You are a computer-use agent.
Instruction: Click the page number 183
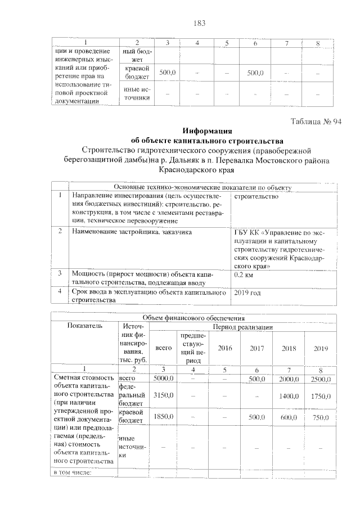(x=199, y=23)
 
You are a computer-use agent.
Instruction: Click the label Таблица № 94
(x=316, y=122)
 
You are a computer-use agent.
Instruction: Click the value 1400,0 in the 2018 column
(x=289, y=396)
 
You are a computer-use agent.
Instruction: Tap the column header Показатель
(x=84, y=326)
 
